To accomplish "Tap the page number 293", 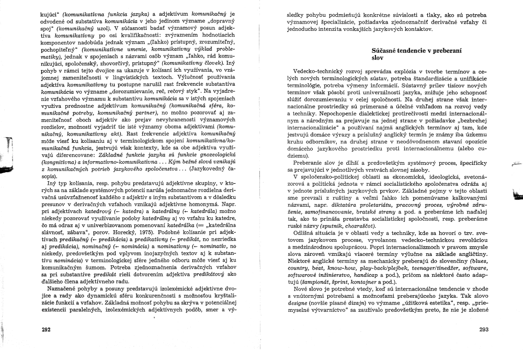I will [x=485, y=330].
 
